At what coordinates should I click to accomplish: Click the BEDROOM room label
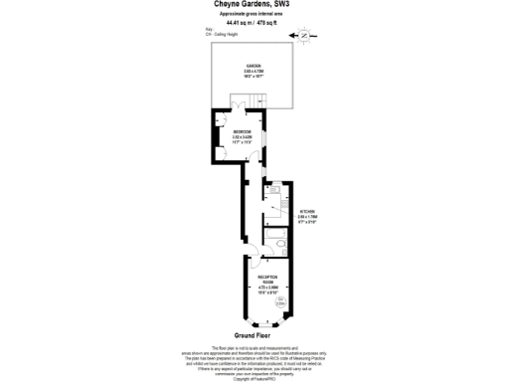[242, 132]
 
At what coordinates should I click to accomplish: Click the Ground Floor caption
[254, 335]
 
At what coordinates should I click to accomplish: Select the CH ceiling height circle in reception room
[280, 302]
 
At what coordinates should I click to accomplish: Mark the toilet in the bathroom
[282, 241]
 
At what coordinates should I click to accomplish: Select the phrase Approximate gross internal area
[254, 14]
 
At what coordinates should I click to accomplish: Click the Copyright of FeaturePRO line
[254, 379]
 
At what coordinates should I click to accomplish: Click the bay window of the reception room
[265, 325]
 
